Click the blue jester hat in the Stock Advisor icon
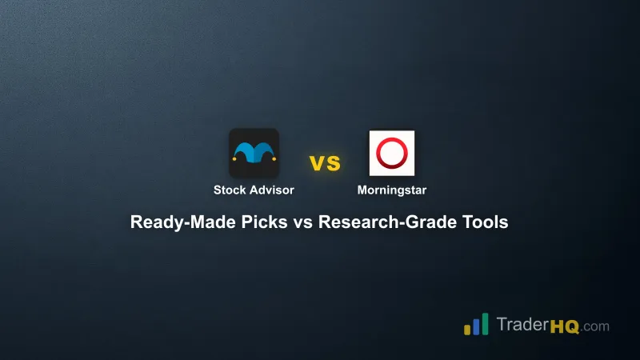click(254, 151)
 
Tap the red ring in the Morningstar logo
click(391, 152)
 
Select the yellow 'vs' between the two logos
click(325, 163)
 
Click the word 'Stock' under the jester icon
click(230, 190)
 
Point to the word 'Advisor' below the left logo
click(272, 190)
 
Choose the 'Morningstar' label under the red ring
click(392, 190)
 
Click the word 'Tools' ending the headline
click(483, 223)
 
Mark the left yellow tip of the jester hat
click(234, 160)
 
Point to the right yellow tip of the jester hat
click(274, 160)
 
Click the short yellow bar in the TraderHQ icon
click(466, 330)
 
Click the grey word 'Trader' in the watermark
click(522, 326)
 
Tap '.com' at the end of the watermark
click(594, 326)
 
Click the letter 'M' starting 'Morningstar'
click(362, 190)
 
